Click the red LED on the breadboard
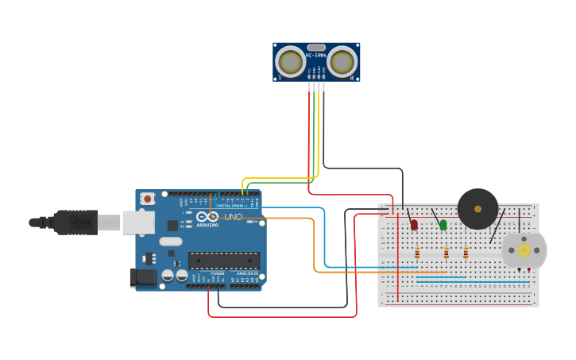click(x=414, y=225)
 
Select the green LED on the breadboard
click(x=443, y=225)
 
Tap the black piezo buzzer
click(x=477, y=209)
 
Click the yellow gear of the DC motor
click(x=524, y=250)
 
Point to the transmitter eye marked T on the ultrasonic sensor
click(x=289, y=61)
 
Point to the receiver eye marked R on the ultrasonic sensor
click(x=342, y=61)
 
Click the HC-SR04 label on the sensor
click(x=316, y=55)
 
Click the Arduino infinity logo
click(x=208, y=217)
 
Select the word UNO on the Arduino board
click(x=234, y=217)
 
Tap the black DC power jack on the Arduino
click(x=141, y=277)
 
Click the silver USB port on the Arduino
click(x=137, y=223)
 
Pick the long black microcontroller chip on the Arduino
click(x=224, y=261)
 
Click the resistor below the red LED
click(x=417, y=254)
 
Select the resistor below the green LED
click(x=446, y=254)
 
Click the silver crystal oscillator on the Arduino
click(x=170, y=241)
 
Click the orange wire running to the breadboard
click(x=315, y=246)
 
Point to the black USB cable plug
click(x=76, y=222)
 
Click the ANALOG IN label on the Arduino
click(x=245, y=273)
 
